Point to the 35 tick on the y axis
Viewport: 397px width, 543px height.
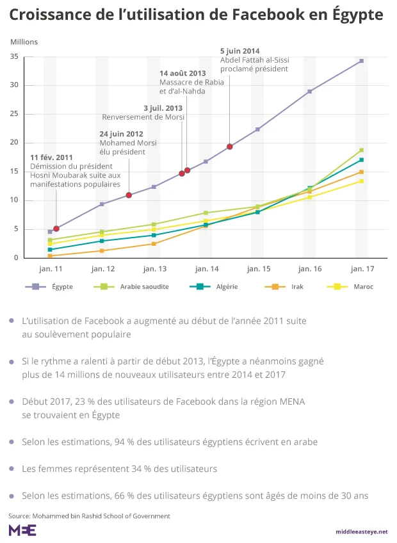click(x=13, y=56)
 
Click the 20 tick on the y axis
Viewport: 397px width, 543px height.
click(x=13, y=143)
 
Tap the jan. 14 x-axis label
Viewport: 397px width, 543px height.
click(x=206, y=269)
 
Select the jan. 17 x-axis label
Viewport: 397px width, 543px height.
click(x=361, y=269)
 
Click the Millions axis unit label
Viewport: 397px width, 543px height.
click(x=24, y=42)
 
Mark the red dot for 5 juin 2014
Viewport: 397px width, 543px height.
click(x=230, y=147)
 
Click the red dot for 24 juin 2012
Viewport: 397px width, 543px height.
click(x=129, y=195)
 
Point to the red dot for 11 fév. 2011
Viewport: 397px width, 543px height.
click(x=56, y=229)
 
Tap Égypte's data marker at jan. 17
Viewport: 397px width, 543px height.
click(x=361, y=61)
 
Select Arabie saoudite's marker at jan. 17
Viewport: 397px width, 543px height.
click(x=361, y=150)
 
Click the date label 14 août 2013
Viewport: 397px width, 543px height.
click(x=182, y=74)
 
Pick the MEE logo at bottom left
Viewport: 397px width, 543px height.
click(x=22, y=530)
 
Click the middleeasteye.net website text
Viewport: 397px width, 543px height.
click(x=362, y=531)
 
